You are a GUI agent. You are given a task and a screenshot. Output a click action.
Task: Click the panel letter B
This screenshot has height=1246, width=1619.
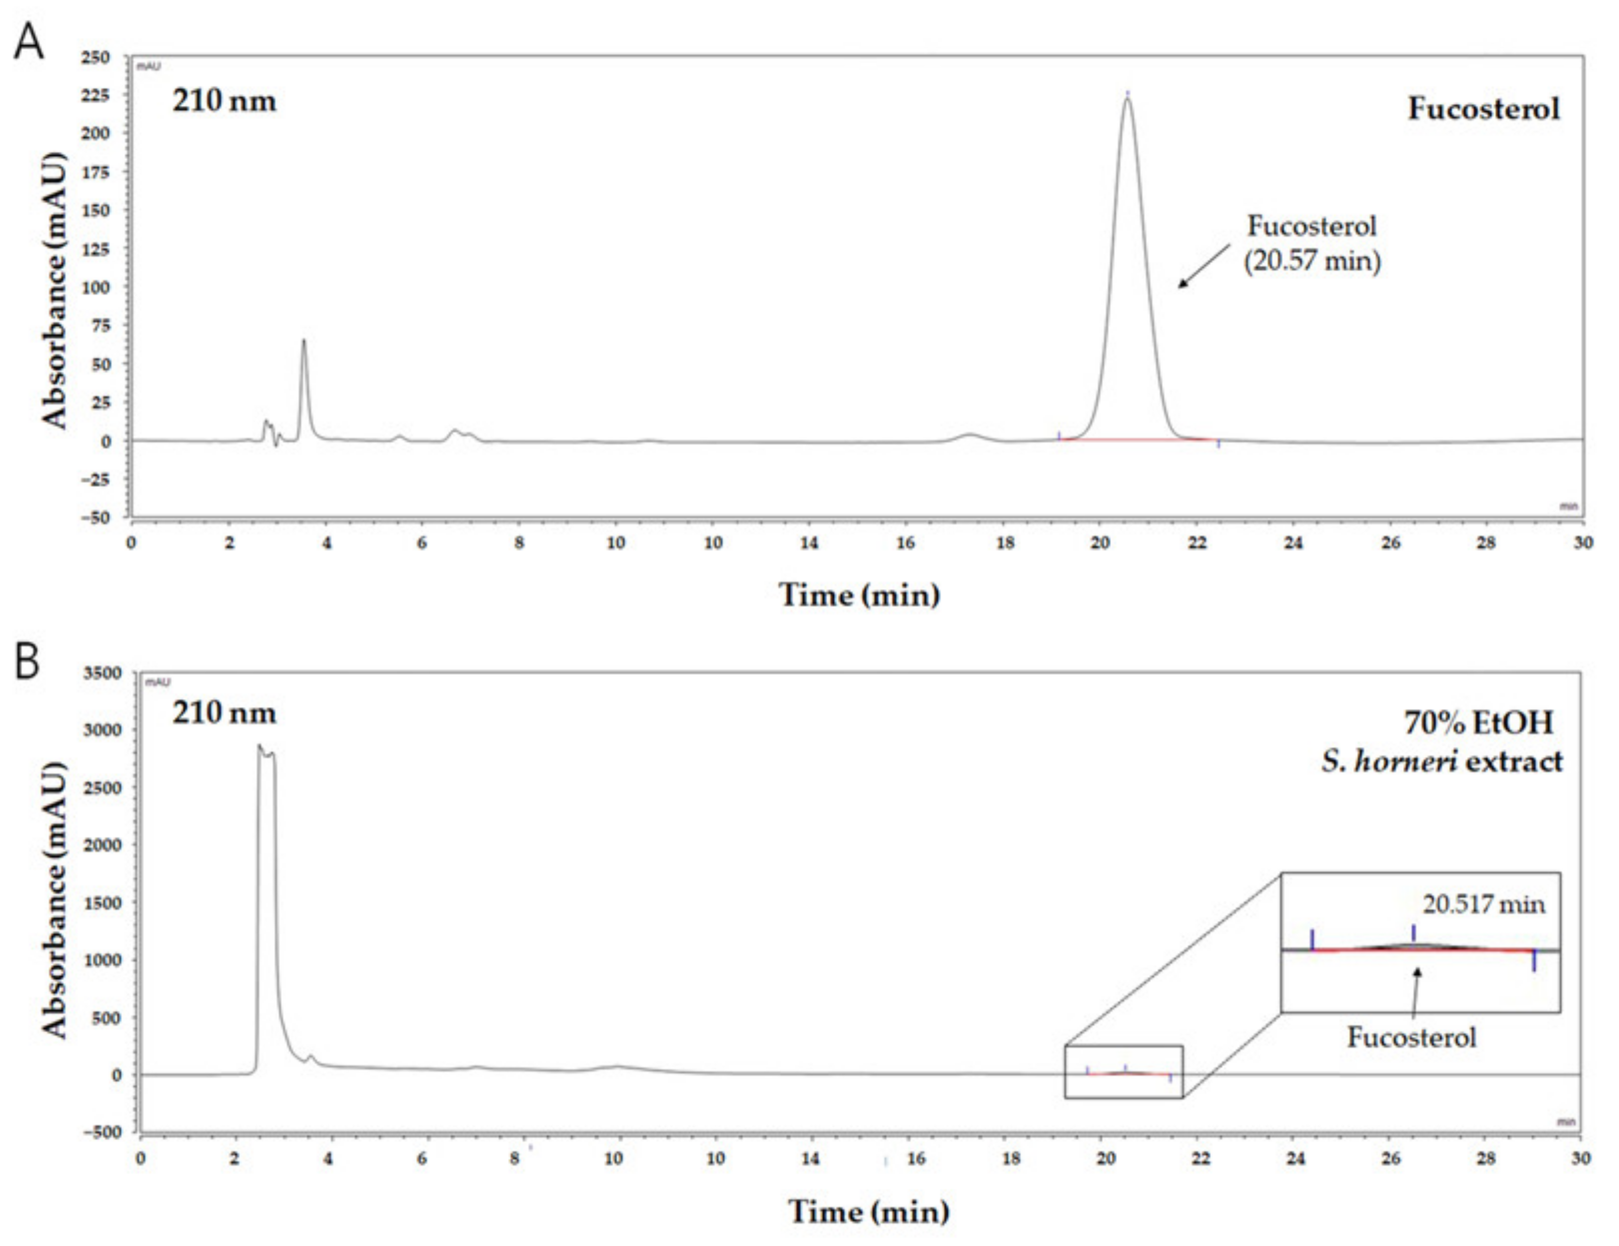click(27, 662)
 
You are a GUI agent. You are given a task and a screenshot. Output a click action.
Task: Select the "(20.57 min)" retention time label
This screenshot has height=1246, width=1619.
click(1312, 261)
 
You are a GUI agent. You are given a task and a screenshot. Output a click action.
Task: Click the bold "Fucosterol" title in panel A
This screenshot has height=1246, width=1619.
click(1484, 109)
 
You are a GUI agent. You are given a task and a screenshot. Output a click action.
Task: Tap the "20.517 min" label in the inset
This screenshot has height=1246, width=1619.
click(1483, 904)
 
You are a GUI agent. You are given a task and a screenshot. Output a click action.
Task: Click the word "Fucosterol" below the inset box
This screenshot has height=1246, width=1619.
click(1411, 1037)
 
